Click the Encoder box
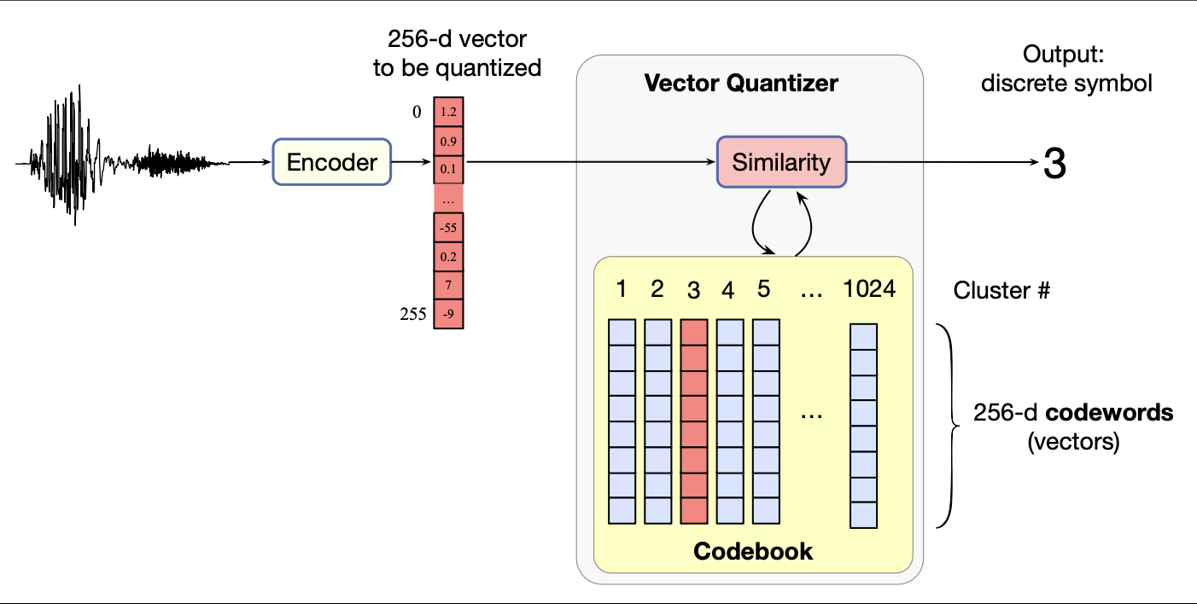pos(331,161)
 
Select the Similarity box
pos(780,162)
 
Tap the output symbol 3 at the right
pos(1055,164)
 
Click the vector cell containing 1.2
pos(448,112)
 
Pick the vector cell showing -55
pos(448,228)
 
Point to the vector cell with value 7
pos(448,286)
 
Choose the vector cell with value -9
pos(448,314)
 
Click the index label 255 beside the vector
pos(413,314)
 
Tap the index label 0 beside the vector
pos(417,112)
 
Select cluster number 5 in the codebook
pos(763,289)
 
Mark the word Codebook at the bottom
pos(753,551)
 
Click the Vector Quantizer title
pos(741,83)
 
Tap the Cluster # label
pos(1001,290)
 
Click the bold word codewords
pos(1111,414)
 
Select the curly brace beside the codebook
pos(947,424)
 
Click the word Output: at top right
pos(1063,55)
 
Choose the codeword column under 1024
pos(864,426)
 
